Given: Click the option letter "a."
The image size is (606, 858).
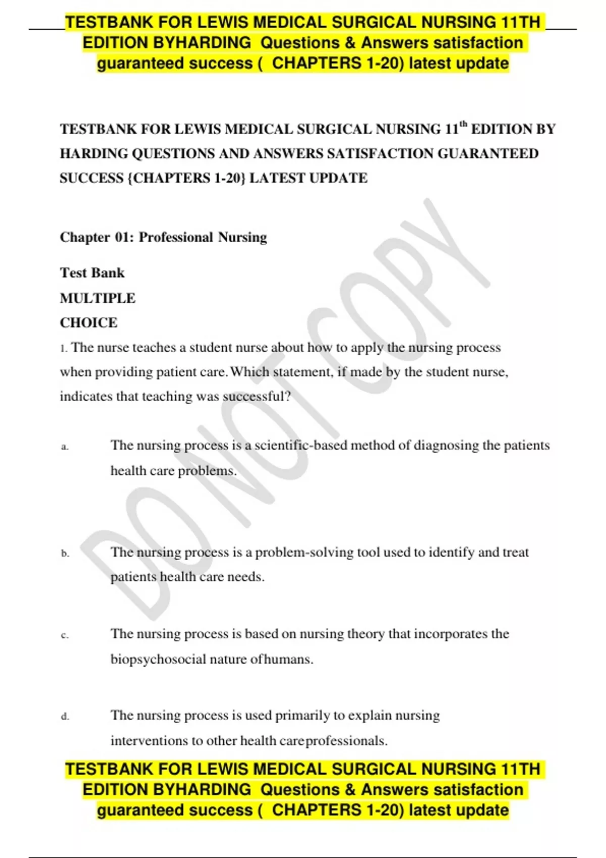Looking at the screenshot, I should (65, 447).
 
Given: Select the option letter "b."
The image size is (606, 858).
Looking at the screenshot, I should (65, 554).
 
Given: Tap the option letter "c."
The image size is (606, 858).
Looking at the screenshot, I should (65, 635).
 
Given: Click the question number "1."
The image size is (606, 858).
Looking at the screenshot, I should (63, 348).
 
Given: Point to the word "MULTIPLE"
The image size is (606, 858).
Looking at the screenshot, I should (97, 298).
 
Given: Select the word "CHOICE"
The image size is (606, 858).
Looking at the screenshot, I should (88, 323).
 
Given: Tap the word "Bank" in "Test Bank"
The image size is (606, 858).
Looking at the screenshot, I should (108, 273).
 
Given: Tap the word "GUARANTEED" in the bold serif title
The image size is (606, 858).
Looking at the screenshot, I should (488, 153).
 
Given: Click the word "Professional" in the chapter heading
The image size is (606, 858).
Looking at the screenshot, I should (176, 237).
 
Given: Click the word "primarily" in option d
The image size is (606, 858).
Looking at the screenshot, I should (302, 715).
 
